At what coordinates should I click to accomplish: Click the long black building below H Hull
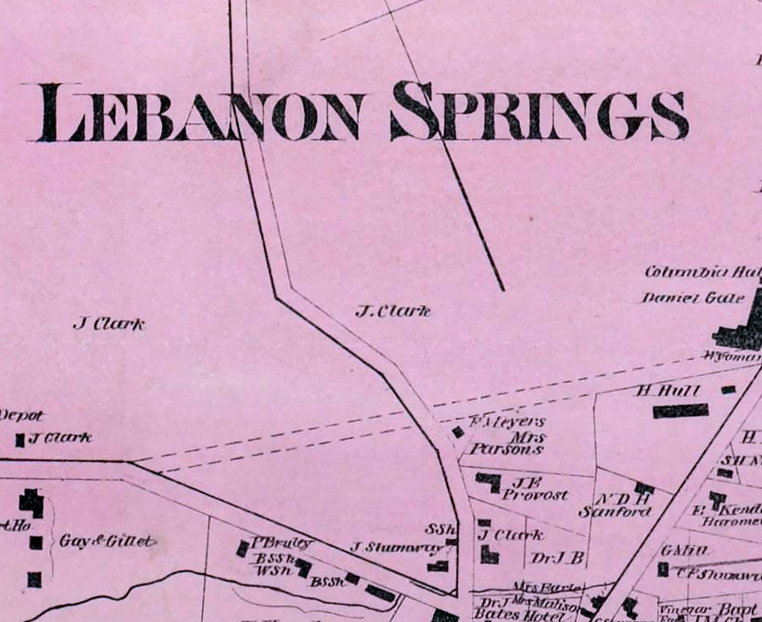(680, 411)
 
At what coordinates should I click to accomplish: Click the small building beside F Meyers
(458, 432)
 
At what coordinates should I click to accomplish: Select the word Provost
(535, 495)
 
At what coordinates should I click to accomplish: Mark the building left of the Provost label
(489, 482)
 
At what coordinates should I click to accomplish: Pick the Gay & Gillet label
(107, 541)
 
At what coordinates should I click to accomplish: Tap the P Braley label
(281, 543)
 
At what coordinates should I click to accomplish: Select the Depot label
(21, 416)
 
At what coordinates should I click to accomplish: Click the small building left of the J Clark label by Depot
(20, 440)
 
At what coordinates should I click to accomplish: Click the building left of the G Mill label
(663, 569)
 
